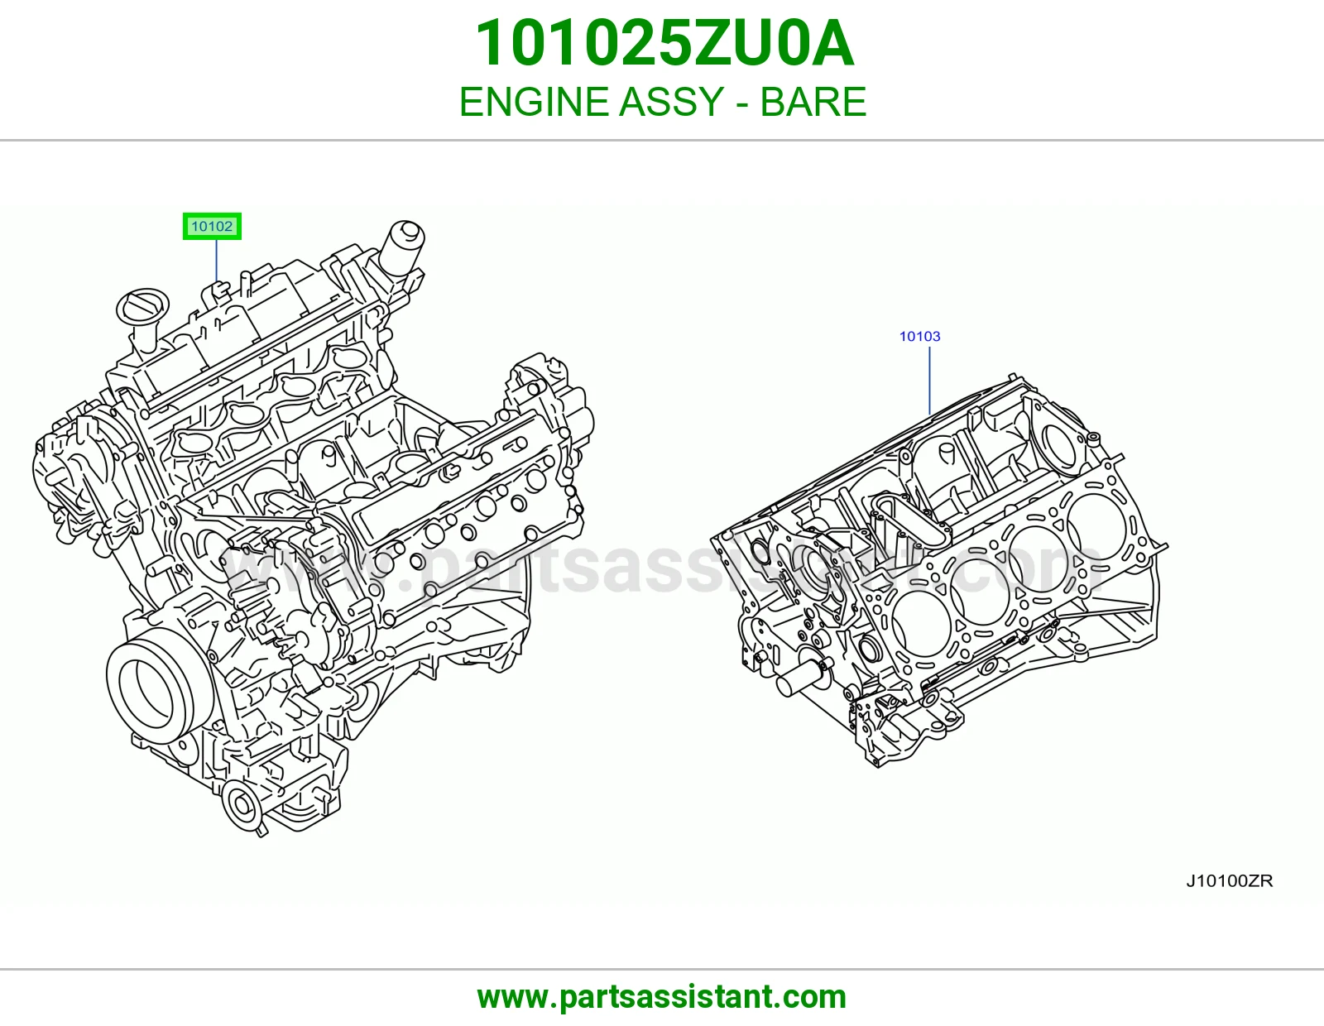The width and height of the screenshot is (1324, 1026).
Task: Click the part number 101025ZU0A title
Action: tap(664, 43)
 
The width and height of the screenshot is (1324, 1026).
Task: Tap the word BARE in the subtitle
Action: tap(813, 102)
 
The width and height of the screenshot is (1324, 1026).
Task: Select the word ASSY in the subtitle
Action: tap(671, 102)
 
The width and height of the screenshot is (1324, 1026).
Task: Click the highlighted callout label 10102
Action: tap(212, 226)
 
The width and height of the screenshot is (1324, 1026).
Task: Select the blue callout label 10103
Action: tap(920, 336)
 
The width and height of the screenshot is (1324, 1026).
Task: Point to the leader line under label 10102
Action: tap(216, 261)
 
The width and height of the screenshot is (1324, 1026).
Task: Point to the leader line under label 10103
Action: tap(930, 381)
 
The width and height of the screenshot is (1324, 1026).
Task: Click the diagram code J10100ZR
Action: tap(1230, 881)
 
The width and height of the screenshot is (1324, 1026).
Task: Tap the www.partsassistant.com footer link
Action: tap(662, 997)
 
